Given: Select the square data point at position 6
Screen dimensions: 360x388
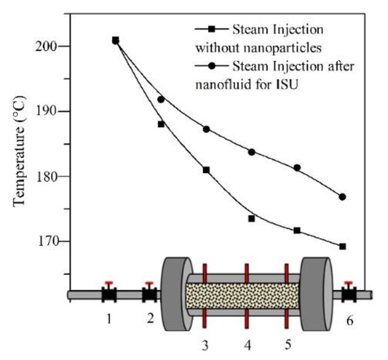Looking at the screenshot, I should click(x=342, y=246).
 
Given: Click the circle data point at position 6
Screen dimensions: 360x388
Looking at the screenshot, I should click(x=342, y=197).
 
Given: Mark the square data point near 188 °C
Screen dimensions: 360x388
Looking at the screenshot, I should click(x=161, y=124).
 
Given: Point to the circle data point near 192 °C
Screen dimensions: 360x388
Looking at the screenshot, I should click(x=161, y=100).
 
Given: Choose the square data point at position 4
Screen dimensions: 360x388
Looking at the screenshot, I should click(x=251, y=218).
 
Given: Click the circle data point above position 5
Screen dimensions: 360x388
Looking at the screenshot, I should click(x=297, y=168).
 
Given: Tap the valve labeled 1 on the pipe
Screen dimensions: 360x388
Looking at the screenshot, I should click(x=109, y=293).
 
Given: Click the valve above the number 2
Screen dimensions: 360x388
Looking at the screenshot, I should click(x=150, y=293).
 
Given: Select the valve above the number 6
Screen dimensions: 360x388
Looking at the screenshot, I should click(x=348, y=293).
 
